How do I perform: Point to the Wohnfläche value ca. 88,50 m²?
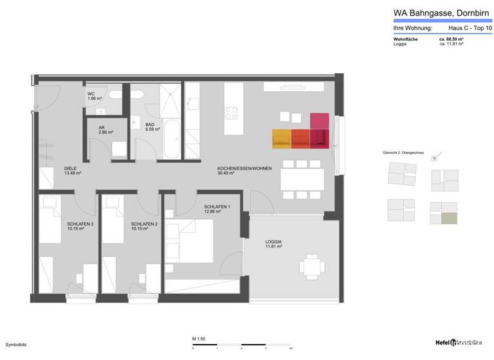tap(452, 39)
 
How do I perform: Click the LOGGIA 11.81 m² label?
tap(274, 244)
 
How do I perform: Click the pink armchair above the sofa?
tap(319, 120)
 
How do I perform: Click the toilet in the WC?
tap(115, 94)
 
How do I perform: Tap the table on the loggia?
tap(311, 266)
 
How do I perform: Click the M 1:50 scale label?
tap(198, 338)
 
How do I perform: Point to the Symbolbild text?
tap(15, 345)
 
